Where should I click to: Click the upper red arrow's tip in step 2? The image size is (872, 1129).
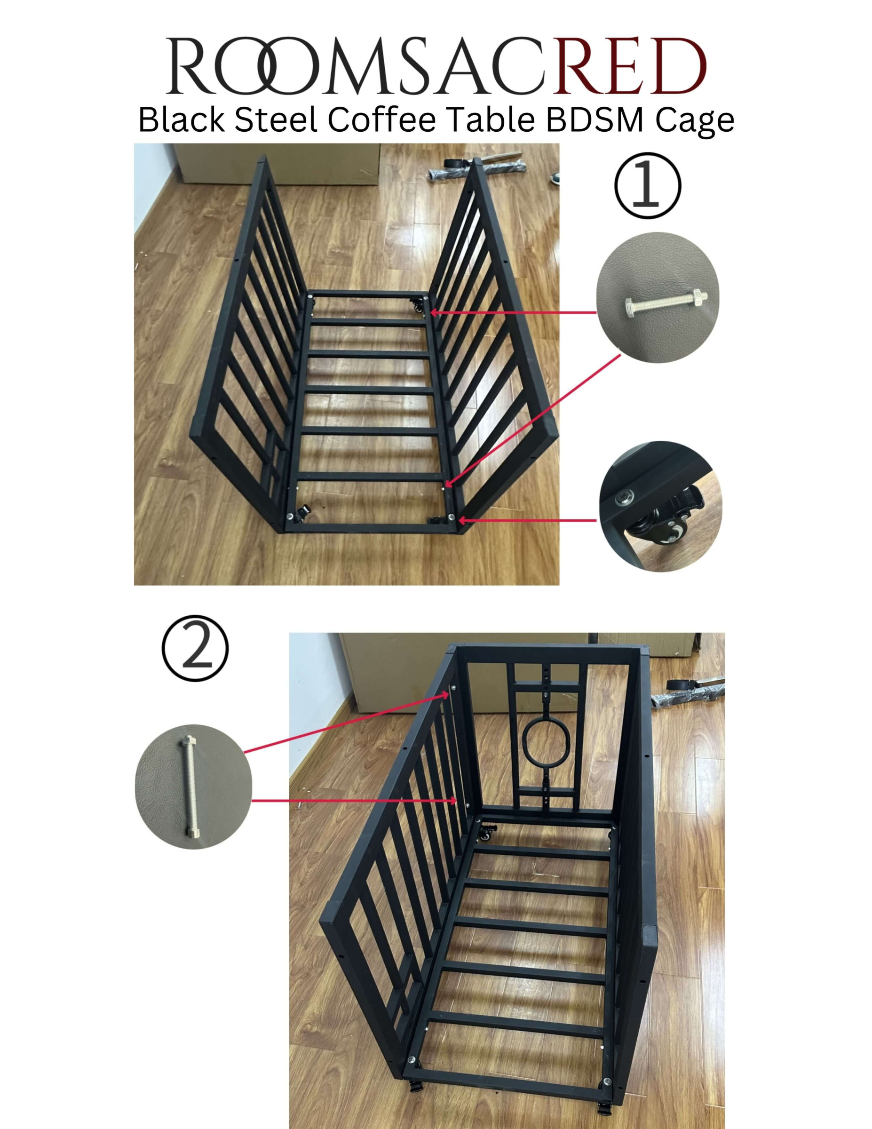point(449,693)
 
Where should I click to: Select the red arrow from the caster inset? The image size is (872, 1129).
point(527,521)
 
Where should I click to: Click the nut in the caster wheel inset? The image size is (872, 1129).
point(625,497)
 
